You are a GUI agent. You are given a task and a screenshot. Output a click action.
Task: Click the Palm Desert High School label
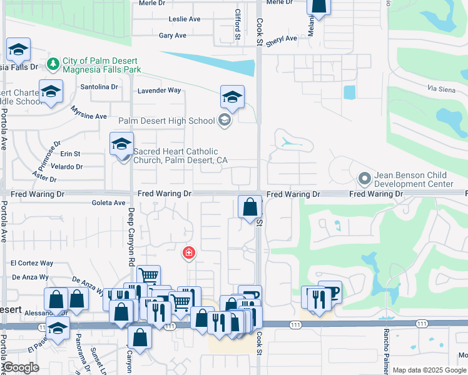point(166,121)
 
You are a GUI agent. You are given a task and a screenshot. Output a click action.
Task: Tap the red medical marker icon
point(188,253)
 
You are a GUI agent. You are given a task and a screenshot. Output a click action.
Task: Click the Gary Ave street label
point(173,36)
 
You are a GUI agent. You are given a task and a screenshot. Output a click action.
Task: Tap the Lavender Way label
point(159,91)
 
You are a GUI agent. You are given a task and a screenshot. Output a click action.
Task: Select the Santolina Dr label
point(100,87)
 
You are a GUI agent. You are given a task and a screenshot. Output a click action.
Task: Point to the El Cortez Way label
point(33,264)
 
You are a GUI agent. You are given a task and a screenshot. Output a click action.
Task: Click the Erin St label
point(70,154)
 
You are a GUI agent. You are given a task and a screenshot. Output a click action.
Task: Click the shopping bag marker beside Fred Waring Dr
point(250,207)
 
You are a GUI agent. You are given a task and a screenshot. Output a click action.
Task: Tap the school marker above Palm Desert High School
point(232,97)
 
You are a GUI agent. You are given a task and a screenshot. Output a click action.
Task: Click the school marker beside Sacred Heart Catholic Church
point(121,144)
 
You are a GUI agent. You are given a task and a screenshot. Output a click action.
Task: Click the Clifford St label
point(238,25)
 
